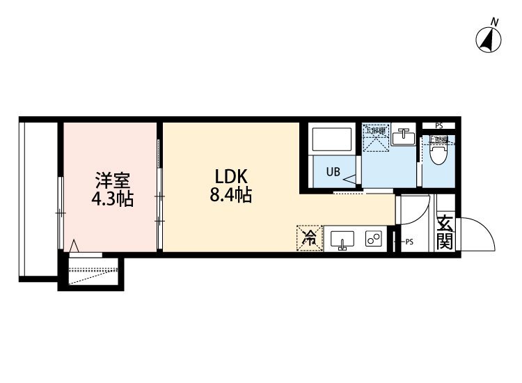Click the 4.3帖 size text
pyautogui.click(x=111, y=198)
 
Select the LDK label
pyautogui.click(x=226, y=175)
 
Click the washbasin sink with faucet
pyautogui.click(x=402, y=137)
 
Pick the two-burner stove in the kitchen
pyautogui.click(x=374, y=240)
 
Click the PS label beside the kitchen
pyautogui.click(x=409, y=242)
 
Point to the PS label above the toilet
pyautogui.click(x=438, y=125)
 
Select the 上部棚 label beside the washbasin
pyautogui.click(x=375, y=130)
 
